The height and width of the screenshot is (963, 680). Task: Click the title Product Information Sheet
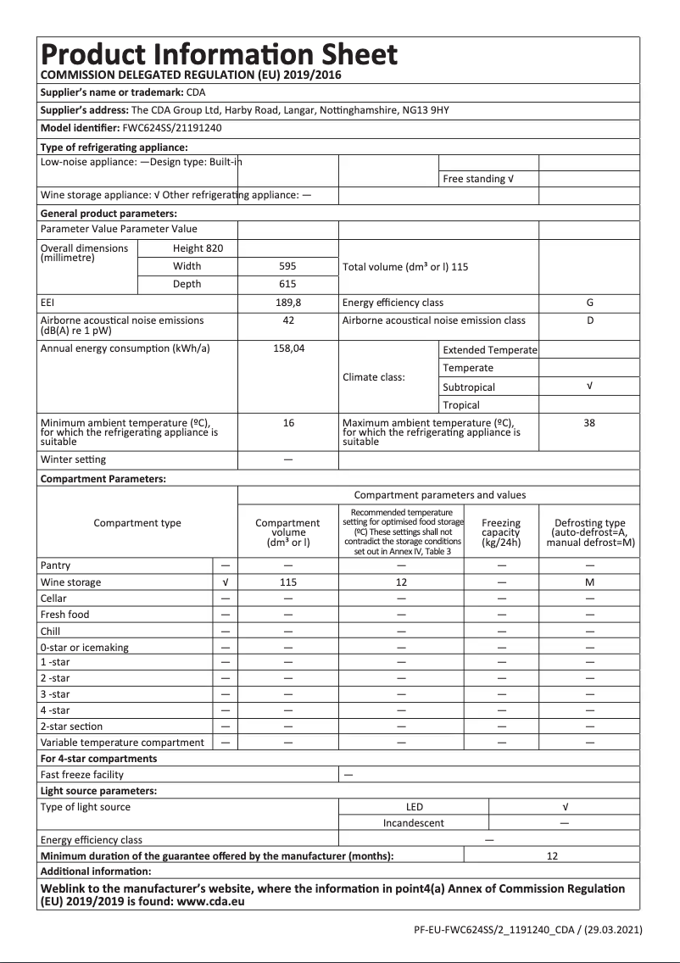[x=219, y=54]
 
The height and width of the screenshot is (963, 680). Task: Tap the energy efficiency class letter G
[x=589, y=303]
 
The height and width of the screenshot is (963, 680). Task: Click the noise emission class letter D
[x=589, y=320]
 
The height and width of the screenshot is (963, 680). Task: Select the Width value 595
[x=288, y=266]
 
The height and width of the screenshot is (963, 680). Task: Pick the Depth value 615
[x=288, y=284]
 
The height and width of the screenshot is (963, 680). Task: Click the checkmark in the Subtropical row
[x=589, y=387]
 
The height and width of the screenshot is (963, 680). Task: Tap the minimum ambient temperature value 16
[x=288, y=422]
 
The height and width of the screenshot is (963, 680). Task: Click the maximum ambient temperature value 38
[x=589, y=422]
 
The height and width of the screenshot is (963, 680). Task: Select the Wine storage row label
[x=70, y=582]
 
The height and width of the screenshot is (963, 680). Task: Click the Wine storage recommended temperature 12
[x=401, y=582]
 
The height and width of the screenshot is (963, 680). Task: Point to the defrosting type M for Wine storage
[x=589, y=582]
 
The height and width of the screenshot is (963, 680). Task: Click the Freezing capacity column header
[x=500, y=532]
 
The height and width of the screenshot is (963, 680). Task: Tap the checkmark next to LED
[x=565, y=807]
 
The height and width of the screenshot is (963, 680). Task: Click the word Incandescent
[x=413, y=823]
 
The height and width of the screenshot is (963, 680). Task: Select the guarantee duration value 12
[x=552, y=856]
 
